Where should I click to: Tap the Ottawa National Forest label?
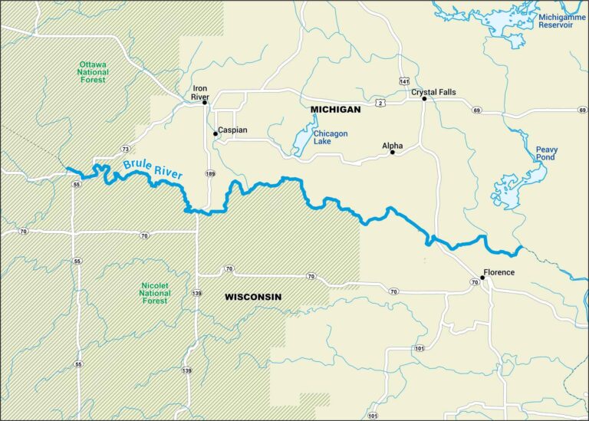[93, 72]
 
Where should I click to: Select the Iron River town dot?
[205, 102]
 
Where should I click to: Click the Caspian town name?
[232, 130]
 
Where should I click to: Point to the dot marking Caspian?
[216, 133]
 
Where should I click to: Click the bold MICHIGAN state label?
[335, 110]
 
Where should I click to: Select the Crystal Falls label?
[433, 92]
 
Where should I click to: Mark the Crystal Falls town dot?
[423, 99]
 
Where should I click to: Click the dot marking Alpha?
[392, 153]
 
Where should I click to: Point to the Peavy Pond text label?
[547, 154]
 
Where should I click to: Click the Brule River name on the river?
[153, 170]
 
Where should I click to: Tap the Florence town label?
[499, 272]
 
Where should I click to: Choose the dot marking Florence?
[482, 278]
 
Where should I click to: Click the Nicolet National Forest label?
[155, 293]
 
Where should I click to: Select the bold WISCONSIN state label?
[253, 297]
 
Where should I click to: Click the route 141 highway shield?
[404, 81]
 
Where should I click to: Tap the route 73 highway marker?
[124, 148]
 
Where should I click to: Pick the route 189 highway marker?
[209, 174]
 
